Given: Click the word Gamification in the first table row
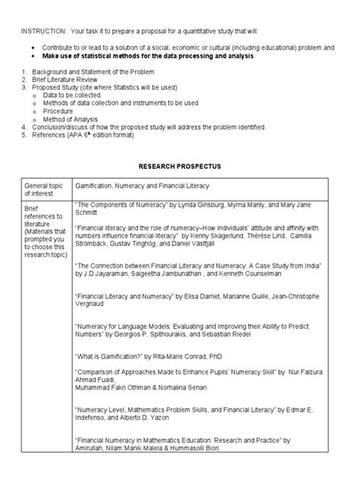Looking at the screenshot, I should pos(96,185).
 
